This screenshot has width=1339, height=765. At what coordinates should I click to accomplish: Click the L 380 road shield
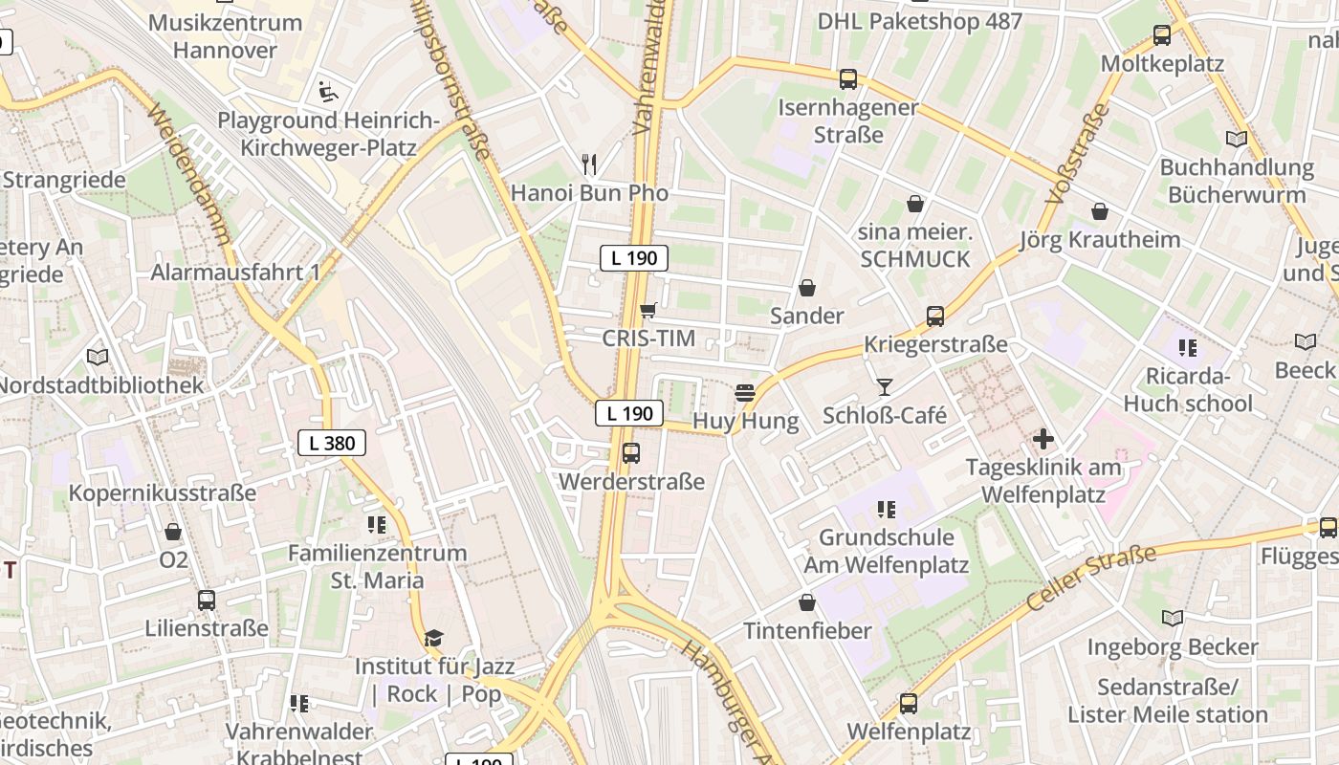[332, 443]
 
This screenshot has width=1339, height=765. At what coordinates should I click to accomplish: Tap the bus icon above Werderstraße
[630, 453]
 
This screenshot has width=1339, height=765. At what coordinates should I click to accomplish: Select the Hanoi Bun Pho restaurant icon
[589, 164]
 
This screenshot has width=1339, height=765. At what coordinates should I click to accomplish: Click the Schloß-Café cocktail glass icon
[884, 386]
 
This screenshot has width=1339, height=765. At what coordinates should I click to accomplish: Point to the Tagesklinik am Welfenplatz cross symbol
[1043, 439]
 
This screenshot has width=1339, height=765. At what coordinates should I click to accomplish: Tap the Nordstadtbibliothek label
[101, 385]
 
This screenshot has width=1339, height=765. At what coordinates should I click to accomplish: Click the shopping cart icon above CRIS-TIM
[648, 310]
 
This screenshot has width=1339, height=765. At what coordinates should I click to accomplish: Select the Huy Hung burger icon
[745, 392]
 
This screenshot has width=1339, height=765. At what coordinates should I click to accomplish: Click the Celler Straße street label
[1090, 579]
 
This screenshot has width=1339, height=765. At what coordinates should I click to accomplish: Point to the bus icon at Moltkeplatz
[1162, 35]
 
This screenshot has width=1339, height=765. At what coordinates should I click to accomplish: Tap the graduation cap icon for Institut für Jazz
[434, 638]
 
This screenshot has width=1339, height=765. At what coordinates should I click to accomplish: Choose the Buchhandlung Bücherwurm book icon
[1237, 139]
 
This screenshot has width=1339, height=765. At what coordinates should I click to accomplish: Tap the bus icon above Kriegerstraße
[935, 316]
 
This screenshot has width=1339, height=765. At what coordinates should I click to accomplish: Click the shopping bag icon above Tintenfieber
[807, 602]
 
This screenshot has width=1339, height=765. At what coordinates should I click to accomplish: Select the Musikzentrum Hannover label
[226, 36]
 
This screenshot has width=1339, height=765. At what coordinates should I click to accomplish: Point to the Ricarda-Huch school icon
[1188, 347]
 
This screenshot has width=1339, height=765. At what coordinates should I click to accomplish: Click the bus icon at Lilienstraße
[207, 601]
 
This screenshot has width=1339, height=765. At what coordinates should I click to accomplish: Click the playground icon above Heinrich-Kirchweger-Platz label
[328, 92]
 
